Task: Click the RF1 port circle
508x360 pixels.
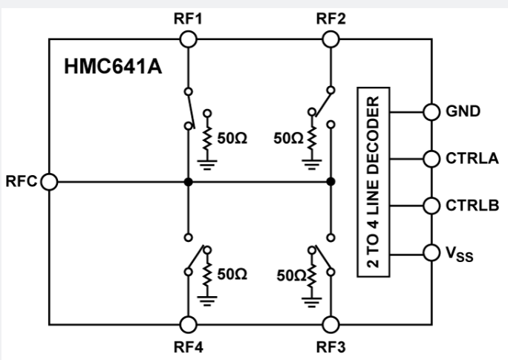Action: pos(189,38)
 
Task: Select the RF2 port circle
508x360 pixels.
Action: pos(330,38)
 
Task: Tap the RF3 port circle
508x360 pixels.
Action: pos(330,324)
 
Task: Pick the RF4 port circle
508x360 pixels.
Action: pos(189,324)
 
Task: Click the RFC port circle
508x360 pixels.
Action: pos(50,181)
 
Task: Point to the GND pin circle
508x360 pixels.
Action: pos(431,111)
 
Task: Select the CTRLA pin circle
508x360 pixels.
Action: pos(431,158)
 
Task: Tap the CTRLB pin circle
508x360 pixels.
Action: pos(431,206)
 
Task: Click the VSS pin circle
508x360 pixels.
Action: pos(431,254)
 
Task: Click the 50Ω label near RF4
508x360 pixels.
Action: pos(232,274)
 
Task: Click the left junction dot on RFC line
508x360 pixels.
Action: pos(189,181)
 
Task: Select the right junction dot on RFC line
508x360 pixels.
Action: pos(330,181)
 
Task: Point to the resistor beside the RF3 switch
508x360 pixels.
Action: pos(312,277)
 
